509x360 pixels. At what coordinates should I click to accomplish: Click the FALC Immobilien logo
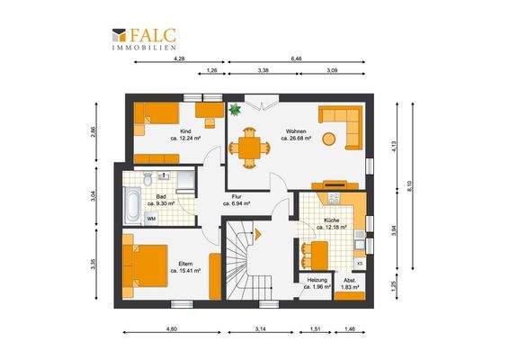pos(144,38)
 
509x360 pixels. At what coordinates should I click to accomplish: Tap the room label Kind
pos(184,131)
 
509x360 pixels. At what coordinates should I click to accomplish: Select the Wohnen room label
pos(296,130)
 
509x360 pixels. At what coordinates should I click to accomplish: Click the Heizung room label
pos(317,280)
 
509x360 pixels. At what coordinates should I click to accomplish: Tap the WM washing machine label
pos(150,218)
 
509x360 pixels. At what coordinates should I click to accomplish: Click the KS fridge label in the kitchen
pos(360,263)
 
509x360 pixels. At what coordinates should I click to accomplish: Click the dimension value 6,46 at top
pos(297,58)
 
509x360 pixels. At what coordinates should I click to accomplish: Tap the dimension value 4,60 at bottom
pos(171,329)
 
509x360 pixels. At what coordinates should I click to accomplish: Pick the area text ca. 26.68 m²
pos(296,139)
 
